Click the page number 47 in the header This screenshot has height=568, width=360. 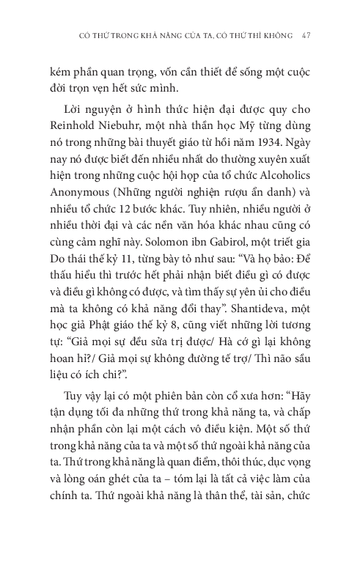coord(309,34)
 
